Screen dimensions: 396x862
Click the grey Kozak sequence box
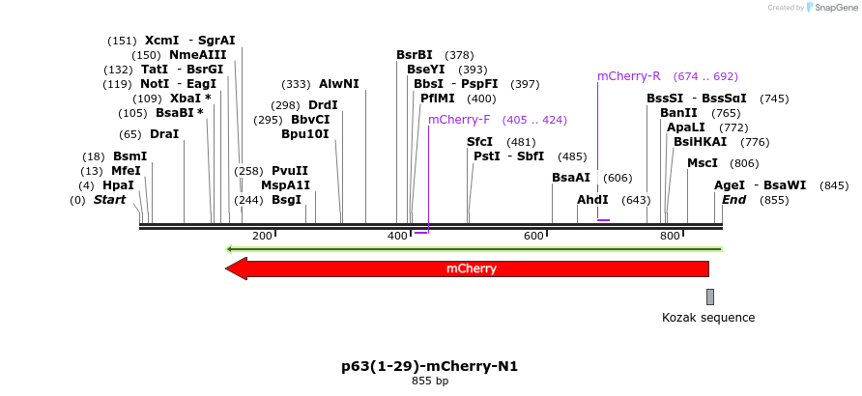(x=709, y=297)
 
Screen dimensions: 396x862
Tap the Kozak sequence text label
(x=708, y=317)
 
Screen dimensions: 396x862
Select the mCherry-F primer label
(x=459, y=120)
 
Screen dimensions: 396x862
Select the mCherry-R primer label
(x=628, y=75)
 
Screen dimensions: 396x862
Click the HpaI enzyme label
(x=118, y=185)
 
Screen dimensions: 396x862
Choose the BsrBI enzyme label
(x=414, y=55)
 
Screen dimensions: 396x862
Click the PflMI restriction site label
(x=437, y=99)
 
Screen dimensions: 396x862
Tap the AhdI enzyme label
(x=592, y=200)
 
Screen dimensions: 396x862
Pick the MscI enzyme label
(x=703, y=163)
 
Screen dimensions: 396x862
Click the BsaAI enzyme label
(x=570, y=178)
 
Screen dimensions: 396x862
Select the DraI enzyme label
(x=164, y=134)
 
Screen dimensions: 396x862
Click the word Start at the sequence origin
(x=109, y=200)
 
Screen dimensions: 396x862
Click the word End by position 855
(x=733, y=200)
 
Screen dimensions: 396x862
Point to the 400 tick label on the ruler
(x=398, y=237)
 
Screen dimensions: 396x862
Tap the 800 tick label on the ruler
(x=670, y=237)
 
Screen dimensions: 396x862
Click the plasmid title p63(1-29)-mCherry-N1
(x=429, y=366)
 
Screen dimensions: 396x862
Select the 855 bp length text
(x=429, y=382)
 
